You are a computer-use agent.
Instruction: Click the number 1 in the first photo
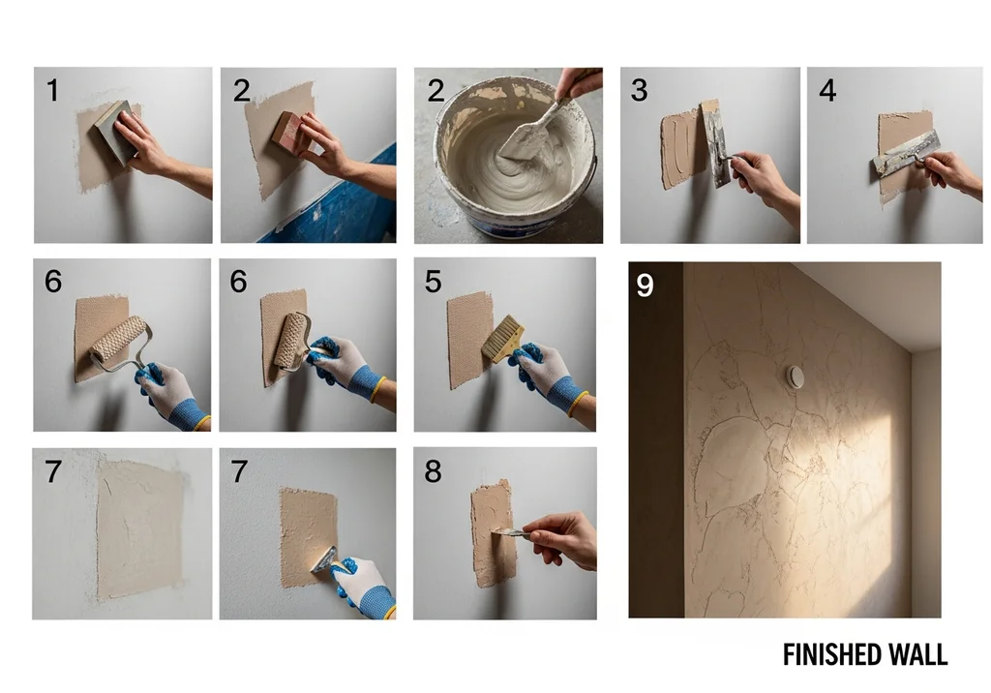coord(52,90)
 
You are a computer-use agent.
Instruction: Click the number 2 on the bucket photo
coord(435,90)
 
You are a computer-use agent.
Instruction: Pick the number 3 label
coord(639,90)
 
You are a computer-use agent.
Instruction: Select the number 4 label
coord(827,90)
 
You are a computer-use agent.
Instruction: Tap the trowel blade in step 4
coord(905,154)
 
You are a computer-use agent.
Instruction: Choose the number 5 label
coord(433,282)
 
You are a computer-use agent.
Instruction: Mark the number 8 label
coord(433,471)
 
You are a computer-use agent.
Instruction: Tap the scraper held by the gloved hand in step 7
coord(324,560)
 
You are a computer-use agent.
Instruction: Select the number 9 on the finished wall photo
coord(645,286)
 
